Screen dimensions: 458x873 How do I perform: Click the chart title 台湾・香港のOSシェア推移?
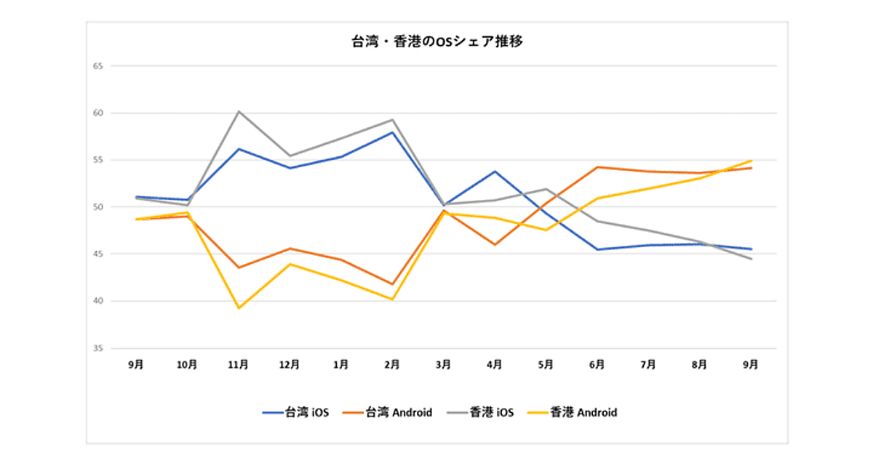[x=436, y=42]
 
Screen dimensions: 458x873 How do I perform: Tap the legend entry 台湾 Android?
[x=388, y=412]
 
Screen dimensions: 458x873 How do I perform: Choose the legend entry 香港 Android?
[x=574, y=412]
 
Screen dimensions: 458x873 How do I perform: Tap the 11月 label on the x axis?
[x=239, y=365]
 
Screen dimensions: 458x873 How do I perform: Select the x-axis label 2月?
[x=392, y=365]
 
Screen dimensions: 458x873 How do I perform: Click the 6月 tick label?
[x=597, y=365]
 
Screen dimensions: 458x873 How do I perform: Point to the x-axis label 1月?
[x=340, y=365]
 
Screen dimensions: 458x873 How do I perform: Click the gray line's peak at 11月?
[x=239, y=111]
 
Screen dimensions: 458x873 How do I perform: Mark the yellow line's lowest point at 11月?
[x=239, y=308]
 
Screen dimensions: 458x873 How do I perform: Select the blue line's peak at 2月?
[x=392, y=132]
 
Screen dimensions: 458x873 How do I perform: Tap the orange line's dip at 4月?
[x=495, y=244]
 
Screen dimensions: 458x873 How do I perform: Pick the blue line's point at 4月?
[x=495, y=172]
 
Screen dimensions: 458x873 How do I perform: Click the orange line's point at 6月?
[x=597, y=167]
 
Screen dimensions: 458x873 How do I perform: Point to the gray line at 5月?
[x=546, y=189]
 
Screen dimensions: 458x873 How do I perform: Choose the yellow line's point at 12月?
[x=290, y=264]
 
